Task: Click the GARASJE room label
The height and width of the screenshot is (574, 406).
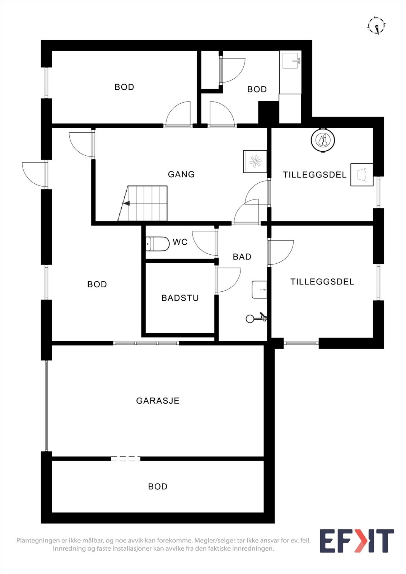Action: click(158, 401)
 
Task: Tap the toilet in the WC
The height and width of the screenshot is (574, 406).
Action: click(158, 244)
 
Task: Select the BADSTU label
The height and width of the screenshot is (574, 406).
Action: click(180, 298)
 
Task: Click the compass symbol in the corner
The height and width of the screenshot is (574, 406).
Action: click(377, 25)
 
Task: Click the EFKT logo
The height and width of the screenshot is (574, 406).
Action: click(356, 541)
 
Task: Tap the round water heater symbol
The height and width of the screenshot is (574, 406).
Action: click(323, 140)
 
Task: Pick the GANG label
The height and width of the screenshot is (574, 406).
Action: click(181, 174)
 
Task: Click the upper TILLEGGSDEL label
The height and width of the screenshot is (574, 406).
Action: click(314, 175)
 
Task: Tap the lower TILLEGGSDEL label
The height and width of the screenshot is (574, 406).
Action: click(322, 282)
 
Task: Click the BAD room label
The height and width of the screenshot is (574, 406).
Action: click(242, 257)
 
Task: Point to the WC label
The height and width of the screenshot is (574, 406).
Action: click(180, 242)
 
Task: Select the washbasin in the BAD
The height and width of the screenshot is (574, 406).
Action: click(260, 290)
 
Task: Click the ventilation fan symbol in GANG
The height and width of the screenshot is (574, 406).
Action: click(255, 161)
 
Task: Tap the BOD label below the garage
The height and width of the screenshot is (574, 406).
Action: click(158, 486)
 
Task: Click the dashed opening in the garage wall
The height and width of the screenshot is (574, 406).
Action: click(125, 458)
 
